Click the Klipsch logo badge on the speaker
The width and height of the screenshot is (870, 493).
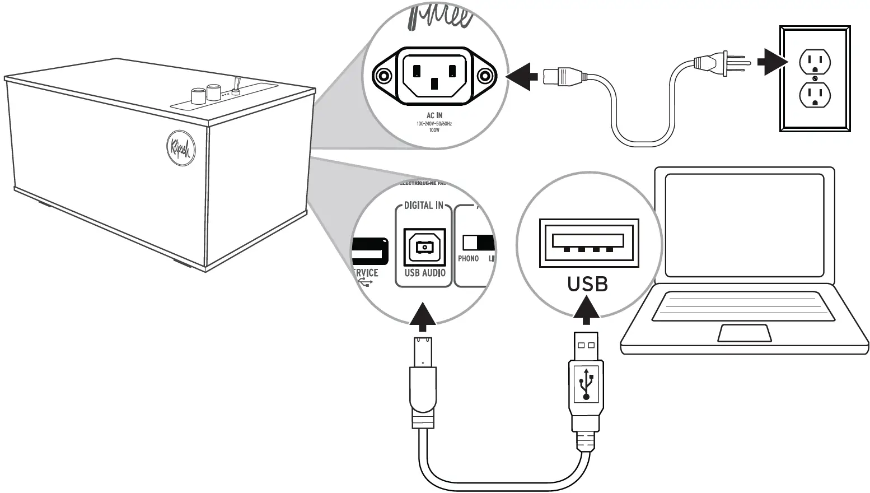pyautogui.click(x=180, y=148)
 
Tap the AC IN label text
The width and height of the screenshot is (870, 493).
pyautogui.click(x=434, y=115)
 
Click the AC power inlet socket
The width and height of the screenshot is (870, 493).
pyautogui.click(x=434, y=75)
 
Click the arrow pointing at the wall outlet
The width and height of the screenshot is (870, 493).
pyautogui.click(x=771, y=61)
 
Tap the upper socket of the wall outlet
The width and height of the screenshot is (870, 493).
pyautogui.click(x=814, y=62)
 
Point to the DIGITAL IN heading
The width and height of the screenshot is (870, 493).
pyautogui.click(x=423, y=206)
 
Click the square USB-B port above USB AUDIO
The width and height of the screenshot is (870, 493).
pyautogui.click(x=424, y=246)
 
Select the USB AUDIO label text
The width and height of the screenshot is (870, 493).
pyautogui.click(x=425, y=273)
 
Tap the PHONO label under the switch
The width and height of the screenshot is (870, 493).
pyautogui.click(x=469, y=259)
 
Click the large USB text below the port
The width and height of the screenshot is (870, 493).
pyautogui.click(x=587, y=284)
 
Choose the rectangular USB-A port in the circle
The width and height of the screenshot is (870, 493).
pyautogui.click(x=588, y=242)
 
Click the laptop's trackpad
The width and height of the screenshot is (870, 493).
pyautogui.click(x=745, y=333)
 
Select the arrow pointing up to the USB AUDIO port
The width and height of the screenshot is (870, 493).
pyautogui.click(x=423, y=315)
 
